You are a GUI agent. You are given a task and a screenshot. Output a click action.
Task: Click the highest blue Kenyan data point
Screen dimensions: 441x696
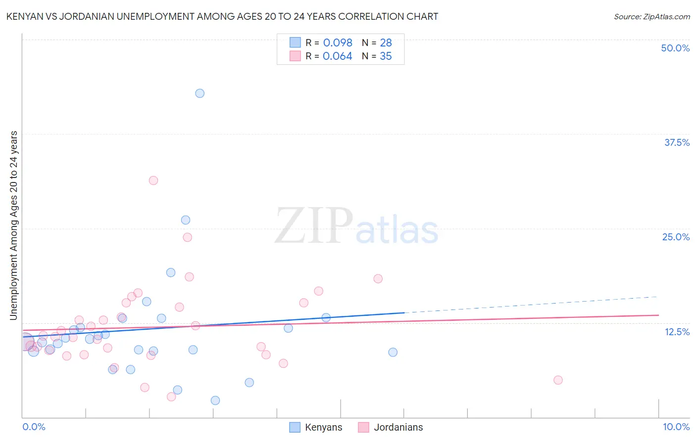(x=199, y=93)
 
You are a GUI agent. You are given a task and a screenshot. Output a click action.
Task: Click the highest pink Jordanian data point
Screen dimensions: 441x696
(x=153, y=180)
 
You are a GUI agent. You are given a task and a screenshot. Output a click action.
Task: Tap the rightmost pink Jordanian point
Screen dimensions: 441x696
(x=558, y=380)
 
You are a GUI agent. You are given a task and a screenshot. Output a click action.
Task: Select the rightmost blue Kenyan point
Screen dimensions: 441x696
(x=393, y=352)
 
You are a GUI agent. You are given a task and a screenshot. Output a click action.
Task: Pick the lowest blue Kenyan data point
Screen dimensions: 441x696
(x=215, y=400)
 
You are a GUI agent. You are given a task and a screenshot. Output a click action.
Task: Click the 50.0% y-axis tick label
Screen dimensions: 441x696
(x=675, y=48)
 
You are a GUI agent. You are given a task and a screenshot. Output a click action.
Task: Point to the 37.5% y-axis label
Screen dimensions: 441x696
(x=677, y=142)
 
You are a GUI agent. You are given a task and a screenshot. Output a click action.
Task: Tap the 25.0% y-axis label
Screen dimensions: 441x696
(x=676, y=237)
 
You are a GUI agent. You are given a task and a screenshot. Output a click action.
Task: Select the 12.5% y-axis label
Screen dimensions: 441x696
(x=677, y=332)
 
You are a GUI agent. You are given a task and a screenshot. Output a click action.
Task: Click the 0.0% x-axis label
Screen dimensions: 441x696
(x=34, y=427)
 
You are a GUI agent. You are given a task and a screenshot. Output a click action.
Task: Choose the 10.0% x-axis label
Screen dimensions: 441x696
(x=676, y=427)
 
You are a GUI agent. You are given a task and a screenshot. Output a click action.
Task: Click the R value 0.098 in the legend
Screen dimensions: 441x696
(x=338, y=43)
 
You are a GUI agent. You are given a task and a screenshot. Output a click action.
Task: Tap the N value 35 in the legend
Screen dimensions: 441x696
(x=386, y=56)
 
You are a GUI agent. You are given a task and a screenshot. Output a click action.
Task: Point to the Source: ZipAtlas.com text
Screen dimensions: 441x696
(x=651, y=16)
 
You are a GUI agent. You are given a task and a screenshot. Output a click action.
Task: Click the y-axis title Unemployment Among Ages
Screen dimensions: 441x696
(x=13, y=225)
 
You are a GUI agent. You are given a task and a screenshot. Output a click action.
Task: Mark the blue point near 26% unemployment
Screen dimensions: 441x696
(x=186, y=220)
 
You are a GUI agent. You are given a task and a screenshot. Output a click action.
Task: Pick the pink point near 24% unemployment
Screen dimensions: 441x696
(x=187, y=237)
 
